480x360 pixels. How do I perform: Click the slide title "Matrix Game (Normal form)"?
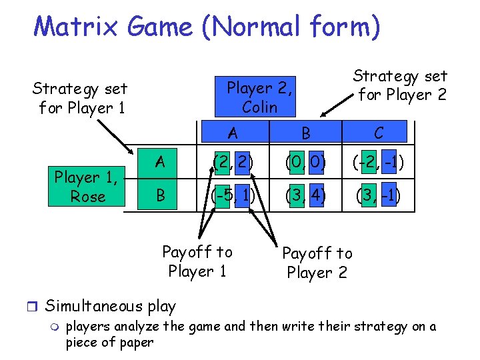pyautogui.click(x=207, y=27)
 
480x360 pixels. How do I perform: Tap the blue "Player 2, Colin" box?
pyautogui.click(x=260, y=97)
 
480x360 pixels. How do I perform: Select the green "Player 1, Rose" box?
pyautogui.click(x=87, y=187)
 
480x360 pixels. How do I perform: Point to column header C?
pyautogui.click(x=378, y=133)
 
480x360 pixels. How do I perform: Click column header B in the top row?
pyautogui.click(x=305, y=133)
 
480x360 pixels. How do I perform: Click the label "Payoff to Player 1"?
pyautogui.click(x=197, y=261)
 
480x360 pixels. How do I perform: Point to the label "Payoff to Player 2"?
pyautogui.click(x=317, y=263)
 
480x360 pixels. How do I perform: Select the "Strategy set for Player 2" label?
pyautogui.click(x=400, y=85)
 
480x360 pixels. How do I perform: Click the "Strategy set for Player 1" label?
pyautogui.click(x=81, y=97)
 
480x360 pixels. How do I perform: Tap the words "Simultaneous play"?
pyautogui.click(x=110, y=306)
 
